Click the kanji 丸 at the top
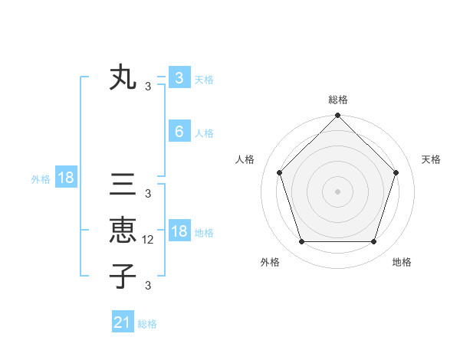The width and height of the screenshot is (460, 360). tap(123, 78)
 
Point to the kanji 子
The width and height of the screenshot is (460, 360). tap(123, 276)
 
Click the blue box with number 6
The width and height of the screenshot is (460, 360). tap(179, 132)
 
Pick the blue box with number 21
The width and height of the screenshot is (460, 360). tap(123, 322)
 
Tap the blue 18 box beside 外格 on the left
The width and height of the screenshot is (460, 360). tap(66, 178)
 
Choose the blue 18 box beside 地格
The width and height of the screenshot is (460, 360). tap(179, 231)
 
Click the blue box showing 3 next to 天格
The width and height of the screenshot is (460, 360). tap(179, 78)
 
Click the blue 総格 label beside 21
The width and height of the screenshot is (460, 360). tap(147, 324)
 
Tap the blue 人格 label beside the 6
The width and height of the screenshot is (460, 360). tap(204, 133)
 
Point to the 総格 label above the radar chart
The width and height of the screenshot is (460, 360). tap(337, 100)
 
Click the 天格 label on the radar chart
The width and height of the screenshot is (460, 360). tap(432, 159)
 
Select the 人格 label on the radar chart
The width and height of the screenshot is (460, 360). tap(245, 159)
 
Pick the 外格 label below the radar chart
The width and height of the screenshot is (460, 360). tap(270, 262)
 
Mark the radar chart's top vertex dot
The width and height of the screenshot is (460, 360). tap(337, 116)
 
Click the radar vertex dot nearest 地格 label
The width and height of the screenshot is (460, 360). tap(374, 242)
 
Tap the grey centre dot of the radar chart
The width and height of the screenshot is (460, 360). tap(337, 191)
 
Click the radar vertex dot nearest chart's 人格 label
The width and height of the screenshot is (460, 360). tap(279, 172)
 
